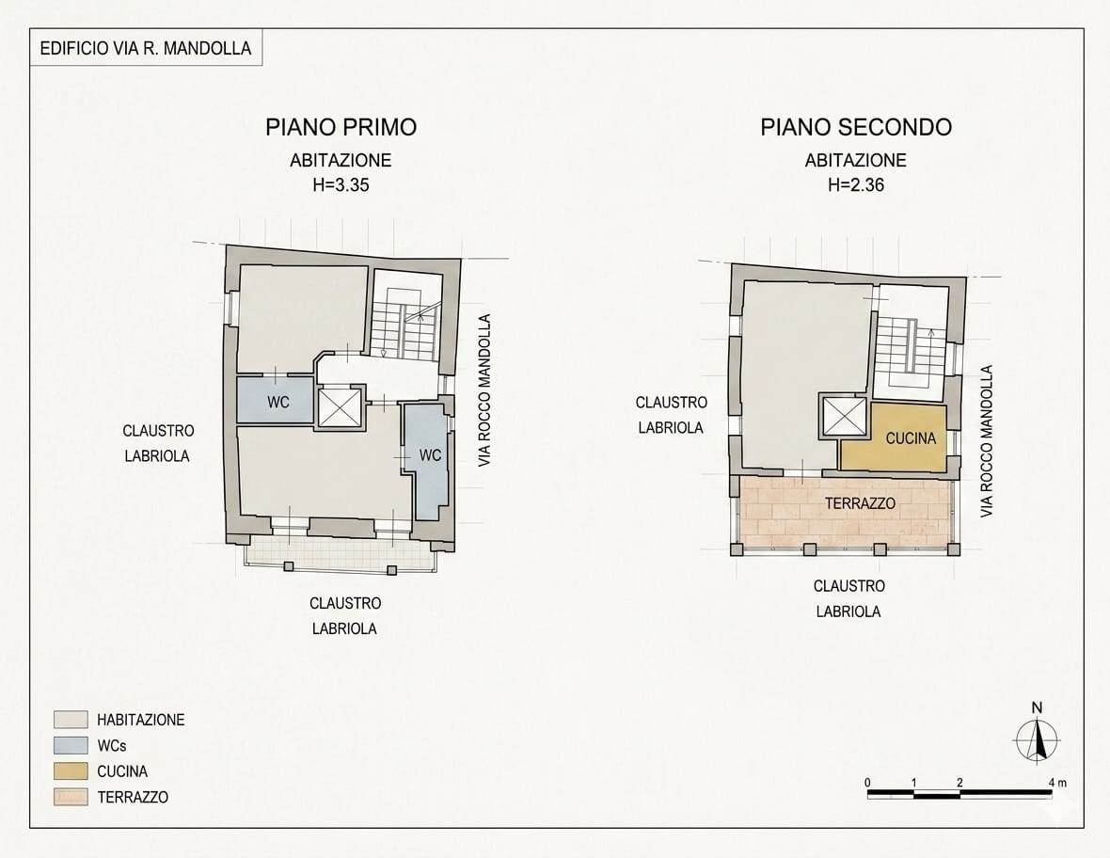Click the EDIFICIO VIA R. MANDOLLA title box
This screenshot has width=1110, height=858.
point(146,48)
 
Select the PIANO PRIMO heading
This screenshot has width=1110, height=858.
point(341,127)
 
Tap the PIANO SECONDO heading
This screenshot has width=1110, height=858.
point(856,127)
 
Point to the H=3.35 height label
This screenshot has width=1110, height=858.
point(341,185)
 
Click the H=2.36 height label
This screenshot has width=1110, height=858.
point(856,185)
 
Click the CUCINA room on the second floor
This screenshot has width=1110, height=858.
point(894,437)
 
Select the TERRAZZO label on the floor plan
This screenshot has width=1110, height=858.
point(860,503)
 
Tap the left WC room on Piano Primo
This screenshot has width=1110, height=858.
point(275,401)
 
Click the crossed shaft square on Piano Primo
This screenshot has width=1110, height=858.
point(339,407)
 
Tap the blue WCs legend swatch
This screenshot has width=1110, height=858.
point(71,745)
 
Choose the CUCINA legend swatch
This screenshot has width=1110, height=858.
point(71,771)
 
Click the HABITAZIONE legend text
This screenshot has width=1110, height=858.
point(141,720)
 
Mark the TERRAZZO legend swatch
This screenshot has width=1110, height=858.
point(71,797)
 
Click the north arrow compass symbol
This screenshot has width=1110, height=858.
point(1037,739)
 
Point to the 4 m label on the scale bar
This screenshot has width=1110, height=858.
point(1057,782)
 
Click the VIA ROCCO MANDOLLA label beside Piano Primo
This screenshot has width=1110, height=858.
point(484,390)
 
